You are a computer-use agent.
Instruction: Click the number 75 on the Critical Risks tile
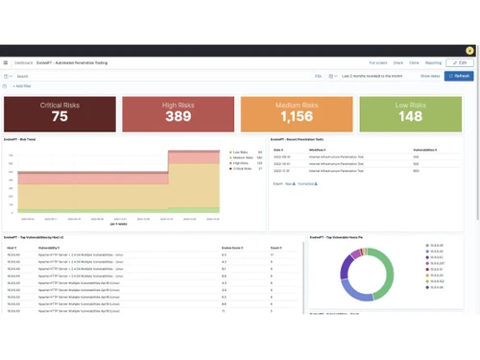pyautogui.click(x=60, y=116)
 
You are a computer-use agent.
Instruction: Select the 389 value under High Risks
pyautogui.click(x=178, y=116)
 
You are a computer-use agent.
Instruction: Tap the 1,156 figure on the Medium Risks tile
pyautogui.click(x=297, y=116)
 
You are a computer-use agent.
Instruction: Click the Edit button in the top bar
pyautogui.click(x=462, y=62)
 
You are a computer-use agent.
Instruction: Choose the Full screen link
pyautogui.click(x=378, y=62)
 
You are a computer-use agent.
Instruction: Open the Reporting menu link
pyautogui.click(x=434, y=62)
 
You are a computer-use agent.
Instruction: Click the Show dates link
pyautogui.click(x=429, y=75)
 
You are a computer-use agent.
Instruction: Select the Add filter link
pyautogui.click(x=21, y=85)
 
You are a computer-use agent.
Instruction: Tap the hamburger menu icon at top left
pyautogui.click(x=6, y=62)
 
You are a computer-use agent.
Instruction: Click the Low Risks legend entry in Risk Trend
pyautogui.click(x=240, y=152)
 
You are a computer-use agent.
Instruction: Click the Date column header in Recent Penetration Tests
pyautogui.click(x=278, y=150)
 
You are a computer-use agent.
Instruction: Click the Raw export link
pyautogui.click(x=288, y=181)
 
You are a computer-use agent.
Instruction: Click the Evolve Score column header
pyautogui.click(x=230, y=247)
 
